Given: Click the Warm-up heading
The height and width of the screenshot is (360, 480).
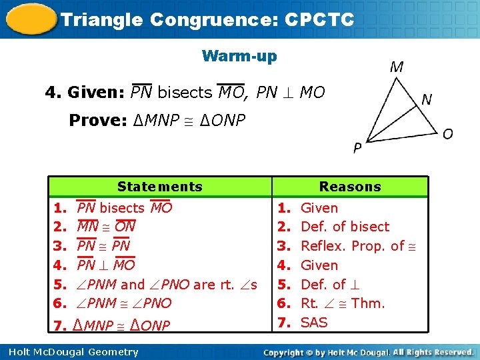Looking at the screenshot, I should coord(239,56).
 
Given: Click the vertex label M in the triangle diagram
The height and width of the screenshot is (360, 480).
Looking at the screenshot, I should coord(396,67).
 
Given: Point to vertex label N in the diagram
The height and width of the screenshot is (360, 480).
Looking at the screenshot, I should coord(427,100).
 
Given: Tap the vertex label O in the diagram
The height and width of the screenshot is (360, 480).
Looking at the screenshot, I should coord(448,134).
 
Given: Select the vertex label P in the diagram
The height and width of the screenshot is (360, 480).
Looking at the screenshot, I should coord(358,148).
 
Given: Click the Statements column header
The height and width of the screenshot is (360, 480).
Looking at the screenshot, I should coord(159,187).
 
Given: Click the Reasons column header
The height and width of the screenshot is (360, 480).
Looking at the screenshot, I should coord(349,187).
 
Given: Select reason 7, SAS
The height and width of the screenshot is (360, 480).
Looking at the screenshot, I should coord(314,323).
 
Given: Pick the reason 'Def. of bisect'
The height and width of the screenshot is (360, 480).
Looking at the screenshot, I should coord(345,227).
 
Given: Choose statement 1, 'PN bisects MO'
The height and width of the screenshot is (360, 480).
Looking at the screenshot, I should coord(125,208).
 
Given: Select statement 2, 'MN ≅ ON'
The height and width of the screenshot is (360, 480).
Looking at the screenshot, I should coord(107,227).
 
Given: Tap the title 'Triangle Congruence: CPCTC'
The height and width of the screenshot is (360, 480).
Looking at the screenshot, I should coord(207,19).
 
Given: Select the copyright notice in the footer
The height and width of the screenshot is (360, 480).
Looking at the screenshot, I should coord(368,352).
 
